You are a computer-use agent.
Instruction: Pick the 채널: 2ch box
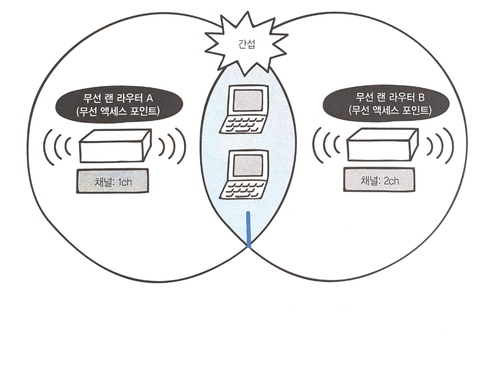click(x=379, y=181)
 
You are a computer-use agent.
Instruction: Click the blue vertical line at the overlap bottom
click(x=249, y=229)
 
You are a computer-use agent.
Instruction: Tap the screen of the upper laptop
click(x=246, y=101)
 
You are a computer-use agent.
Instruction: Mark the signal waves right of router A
click(x=171, y=146)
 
